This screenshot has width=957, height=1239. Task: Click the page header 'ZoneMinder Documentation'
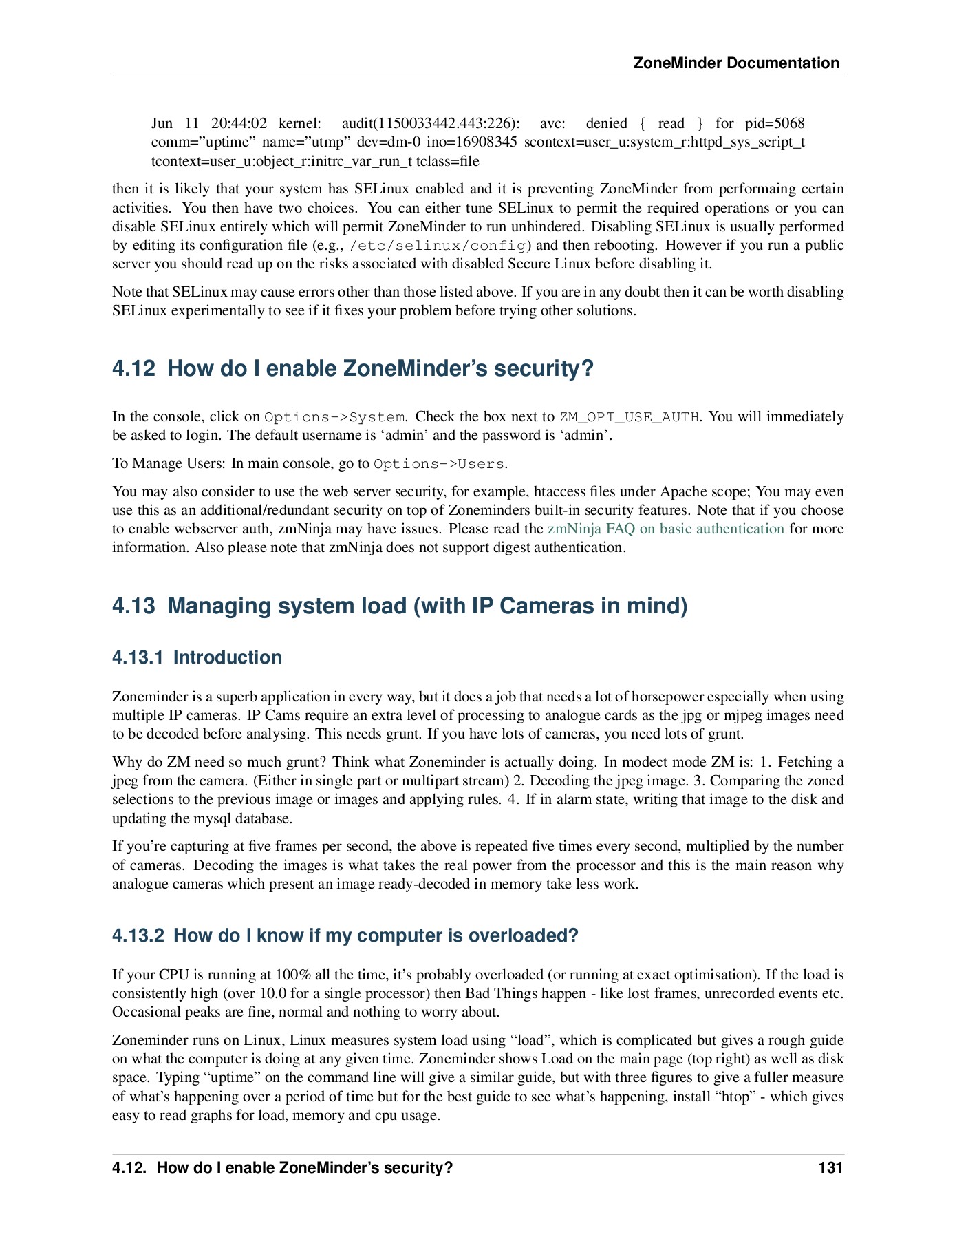(735, 63)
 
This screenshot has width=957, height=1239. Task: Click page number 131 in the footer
(830, 1167)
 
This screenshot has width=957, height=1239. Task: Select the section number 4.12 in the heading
(133, 368)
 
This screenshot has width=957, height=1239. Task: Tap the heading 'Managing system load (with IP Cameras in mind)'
(427, 606)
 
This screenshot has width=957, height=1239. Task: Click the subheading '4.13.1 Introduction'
(197, 657)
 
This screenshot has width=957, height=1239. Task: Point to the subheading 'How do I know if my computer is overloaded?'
(376, 935)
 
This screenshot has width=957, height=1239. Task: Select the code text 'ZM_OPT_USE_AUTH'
(630, 417)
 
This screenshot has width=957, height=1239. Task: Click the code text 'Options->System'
(334, 417)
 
